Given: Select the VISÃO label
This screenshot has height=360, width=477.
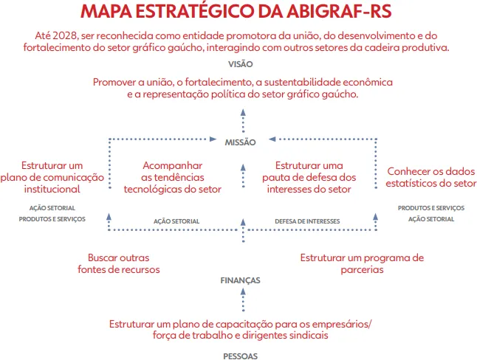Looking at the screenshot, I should (241, 63).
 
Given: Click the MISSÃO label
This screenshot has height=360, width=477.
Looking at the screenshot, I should (241, 142).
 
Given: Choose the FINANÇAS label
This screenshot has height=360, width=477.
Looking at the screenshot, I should (241, 281).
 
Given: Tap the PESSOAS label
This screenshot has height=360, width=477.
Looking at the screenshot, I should (241, 355).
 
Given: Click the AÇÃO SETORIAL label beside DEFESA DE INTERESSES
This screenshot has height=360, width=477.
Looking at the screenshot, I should (176, 221).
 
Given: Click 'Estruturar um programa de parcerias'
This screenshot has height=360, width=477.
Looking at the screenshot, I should (362, 263).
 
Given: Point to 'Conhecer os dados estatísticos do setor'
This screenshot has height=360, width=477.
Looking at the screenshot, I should (431, 177).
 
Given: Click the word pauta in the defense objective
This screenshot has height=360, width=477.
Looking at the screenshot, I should (277, 178).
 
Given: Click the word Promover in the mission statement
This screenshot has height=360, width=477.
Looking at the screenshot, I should (115, 81).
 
